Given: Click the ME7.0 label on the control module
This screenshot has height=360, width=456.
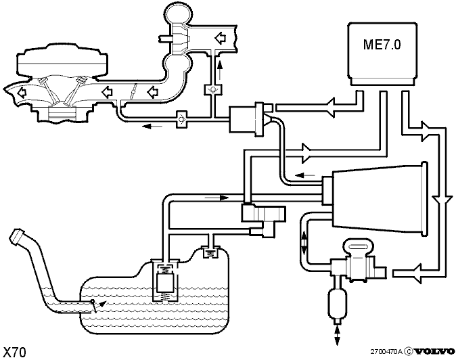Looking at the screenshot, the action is tap(382, 45).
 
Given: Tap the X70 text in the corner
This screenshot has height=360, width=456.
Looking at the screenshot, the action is tap(14, 352).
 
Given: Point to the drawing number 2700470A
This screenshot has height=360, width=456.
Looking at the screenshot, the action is tap(386, 352).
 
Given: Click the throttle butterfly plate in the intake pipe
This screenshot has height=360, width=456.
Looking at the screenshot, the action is tap(133, 91).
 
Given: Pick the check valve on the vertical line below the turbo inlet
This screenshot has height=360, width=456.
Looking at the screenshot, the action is tap(213, 89).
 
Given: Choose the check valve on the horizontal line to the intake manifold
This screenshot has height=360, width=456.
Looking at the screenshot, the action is tap(182, 119).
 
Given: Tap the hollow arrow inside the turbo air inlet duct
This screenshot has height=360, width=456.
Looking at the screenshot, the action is tap(221, 37).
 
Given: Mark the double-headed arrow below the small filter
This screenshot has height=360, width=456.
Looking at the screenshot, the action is tap(337, 335).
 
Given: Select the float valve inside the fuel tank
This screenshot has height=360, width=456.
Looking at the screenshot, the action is tap(166, 281).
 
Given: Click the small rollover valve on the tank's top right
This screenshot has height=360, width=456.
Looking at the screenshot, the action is tap(211, 252).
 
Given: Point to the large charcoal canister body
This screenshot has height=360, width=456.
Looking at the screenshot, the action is tap(379, 198).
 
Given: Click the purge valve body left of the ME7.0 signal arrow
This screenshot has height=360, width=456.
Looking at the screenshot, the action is tap(247, 119).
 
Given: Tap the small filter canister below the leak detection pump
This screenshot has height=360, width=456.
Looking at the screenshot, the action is tap(338, 302).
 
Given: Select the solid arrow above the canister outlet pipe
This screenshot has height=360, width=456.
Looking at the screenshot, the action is tap(304, 175).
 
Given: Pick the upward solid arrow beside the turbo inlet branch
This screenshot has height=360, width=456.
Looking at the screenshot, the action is tap(220, 70).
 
